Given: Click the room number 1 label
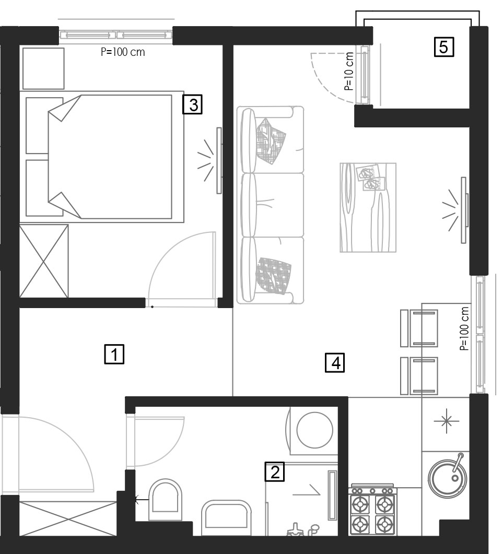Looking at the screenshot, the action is click(114, 354).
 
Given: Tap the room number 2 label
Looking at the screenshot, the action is click(275, 472).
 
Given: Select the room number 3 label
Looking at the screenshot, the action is click(193, 104).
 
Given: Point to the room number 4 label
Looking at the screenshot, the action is click(335, 363).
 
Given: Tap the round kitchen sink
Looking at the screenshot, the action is click(448, 478).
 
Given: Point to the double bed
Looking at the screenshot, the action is click(105, 157).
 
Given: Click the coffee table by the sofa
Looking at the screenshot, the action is click(368, 207).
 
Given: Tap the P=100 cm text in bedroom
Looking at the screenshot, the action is click(123, 52).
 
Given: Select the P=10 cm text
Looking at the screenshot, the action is click(349, 71).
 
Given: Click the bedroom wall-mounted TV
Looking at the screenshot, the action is click(219, 160).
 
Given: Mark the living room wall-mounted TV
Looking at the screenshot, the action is click(464, 210).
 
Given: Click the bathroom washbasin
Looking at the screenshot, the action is click(226, 517).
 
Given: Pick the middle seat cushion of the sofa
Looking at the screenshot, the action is click(272, 205).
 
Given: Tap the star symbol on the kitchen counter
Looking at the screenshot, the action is click(447, 421).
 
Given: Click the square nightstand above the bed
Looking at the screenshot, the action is click(43, 68).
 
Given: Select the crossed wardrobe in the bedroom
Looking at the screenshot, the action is click(44, 261).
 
